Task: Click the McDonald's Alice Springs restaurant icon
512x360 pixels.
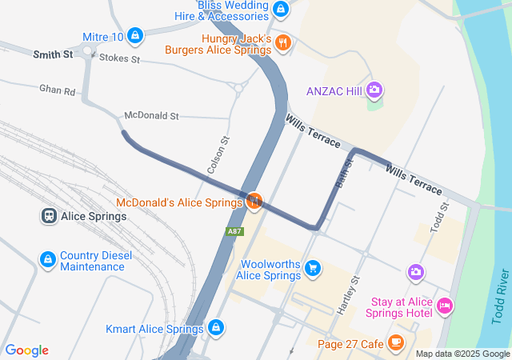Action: point(254,201)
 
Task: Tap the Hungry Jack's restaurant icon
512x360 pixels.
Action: point(282,42)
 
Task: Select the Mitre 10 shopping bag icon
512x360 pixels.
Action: point(135,36)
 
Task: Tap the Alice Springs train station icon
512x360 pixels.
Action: point(48,217)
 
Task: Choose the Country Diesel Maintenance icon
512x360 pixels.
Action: point(48,260)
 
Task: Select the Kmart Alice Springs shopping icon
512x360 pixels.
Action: point(215,328)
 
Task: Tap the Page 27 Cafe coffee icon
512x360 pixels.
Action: point(394,342)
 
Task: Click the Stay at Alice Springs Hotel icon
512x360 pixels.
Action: point(446,305)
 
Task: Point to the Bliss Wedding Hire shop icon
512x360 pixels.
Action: point(280,10)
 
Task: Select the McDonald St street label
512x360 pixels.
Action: point(151,116)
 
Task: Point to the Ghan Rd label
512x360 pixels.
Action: point(57,91)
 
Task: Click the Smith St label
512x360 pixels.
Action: point(53,54)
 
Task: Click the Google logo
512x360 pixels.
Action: point(27,350)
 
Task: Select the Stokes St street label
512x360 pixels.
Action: point(119,59)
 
